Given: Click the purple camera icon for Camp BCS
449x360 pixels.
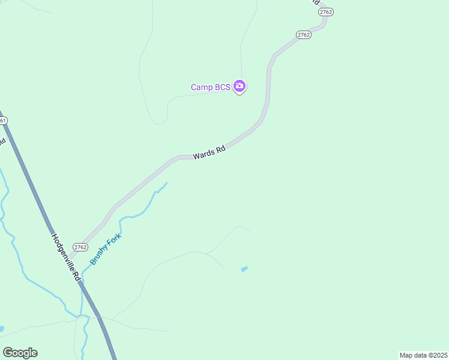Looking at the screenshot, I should pyautogui.click(x=240, y=86).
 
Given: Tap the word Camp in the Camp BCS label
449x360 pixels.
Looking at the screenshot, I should pyautogui.click(x=202, y=88).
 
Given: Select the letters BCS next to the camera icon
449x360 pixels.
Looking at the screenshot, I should pyautogui.click(x=223, y=88).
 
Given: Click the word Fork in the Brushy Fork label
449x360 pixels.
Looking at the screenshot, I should pyautogui.click(x=114, y=238).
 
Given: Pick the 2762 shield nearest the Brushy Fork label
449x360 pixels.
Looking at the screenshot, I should pyautogui.click(x=80, y=247).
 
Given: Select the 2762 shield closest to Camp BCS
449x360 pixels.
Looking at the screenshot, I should pyautogui.click(x=304, y=35).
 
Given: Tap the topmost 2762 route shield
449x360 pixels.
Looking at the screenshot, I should pyautogui.click(x=326, y=12).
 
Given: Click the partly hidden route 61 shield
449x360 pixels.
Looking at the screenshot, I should pyautogui.click(x=3, y=121).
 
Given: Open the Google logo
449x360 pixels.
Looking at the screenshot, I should pyautogui.click(x=20, y=353).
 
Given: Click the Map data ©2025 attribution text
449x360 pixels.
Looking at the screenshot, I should pyautogui.click(x=423, y=355).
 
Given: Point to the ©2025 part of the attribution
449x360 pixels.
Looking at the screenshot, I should pyautogui.click(x=438, y=355).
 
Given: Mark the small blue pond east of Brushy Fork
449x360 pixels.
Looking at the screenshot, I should pyautogui.click(x=244, y=269).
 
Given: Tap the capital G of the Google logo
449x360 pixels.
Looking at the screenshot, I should pyautogui.click(x=8, y=353).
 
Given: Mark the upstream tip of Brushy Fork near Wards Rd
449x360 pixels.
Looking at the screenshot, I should pyautogui.click(x=166, y=183).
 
